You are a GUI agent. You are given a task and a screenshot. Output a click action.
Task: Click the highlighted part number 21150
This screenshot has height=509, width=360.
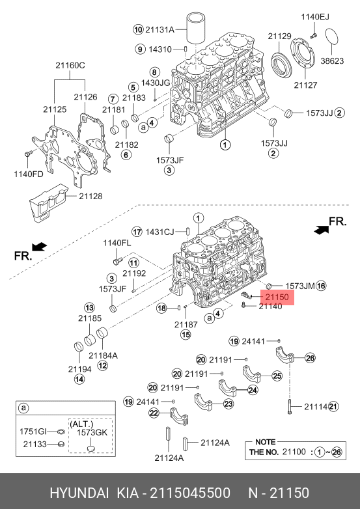[277, 297]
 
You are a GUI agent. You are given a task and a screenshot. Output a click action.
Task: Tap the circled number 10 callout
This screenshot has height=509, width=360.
[138, 30]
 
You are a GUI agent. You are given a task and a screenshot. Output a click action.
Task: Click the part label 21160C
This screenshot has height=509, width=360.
[70, 65]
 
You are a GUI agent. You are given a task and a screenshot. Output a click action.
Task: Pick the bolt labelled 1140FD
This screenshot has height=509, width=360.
[27, 154]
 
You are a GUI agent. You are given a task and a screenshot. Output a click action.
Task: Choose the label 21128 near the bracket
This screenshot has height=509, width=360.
[90, 196]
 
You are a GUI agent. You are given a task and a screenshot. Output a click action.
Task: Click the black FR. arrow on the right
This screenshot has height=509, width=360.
[321, 229]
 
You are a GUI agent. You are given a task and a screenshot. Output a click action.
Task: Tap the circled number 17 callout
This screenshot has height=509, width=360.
[137, 232]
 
